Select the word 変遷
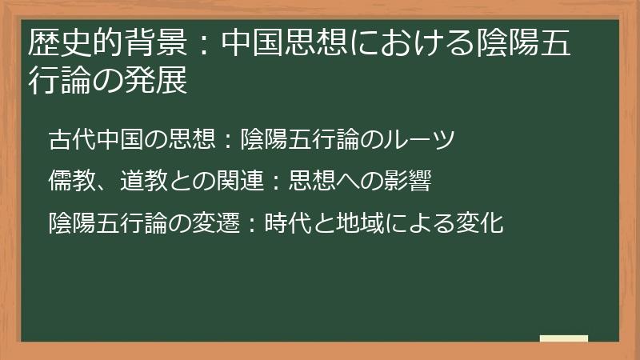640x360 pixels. (213, 223)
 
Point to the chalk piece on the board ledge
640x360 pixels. (565, 338)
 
